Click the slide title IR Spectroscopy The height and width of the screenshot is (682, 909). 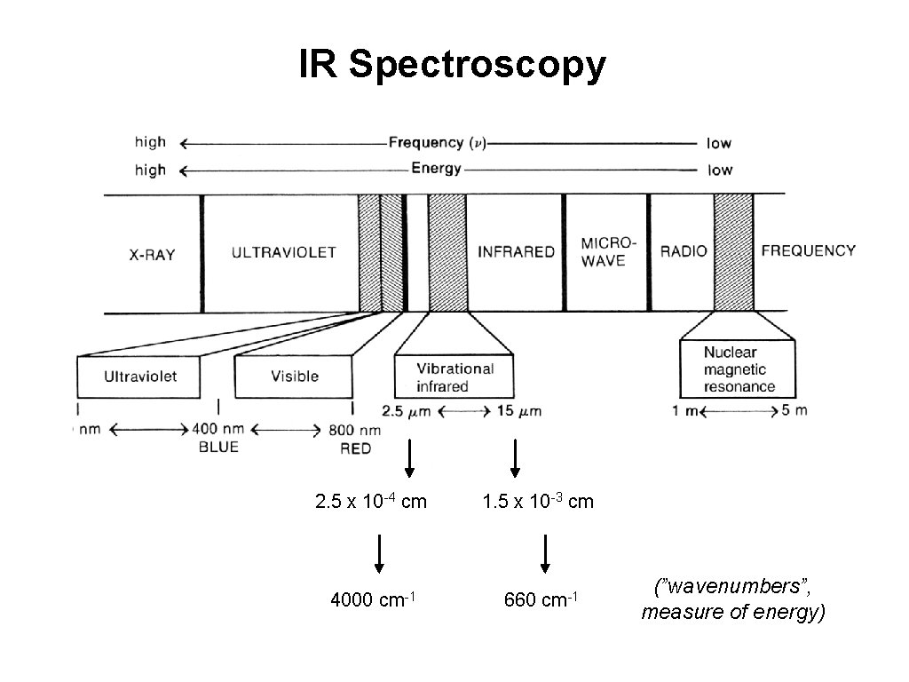(x=453, y=64)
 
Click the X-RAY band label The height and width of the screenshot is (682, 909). (x=152, y=255)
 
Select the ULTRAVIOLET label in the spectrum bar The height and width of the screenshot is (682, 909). (x=284, y=252)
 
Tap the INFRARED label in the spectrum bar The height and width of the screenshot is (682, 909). (x=516, y=252)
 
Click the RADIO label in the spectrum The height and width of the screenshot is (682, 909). (x=684, y=251)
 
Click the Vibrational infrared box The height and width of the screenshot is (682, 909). (x=454, y=377)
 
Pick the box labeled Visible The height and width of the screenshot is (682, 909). (x=294, y=377)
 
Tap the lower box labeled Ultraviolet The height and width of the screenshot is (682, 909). (x=140, y=377)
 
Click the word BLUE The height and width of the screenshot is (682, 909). (x=218, y=448)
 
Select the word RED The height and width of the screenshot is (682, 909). (x=355, y=448)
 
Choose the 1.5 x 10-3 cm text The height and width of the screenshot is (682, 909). (x=538, y=502)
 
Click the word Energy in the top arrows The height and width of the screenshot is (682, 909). (x=436, y=169)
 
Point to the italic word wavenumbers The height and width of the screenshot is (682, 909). (x=731, y=587)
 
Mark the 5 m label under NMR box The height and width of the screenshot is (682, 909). (x=794, y=410)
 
